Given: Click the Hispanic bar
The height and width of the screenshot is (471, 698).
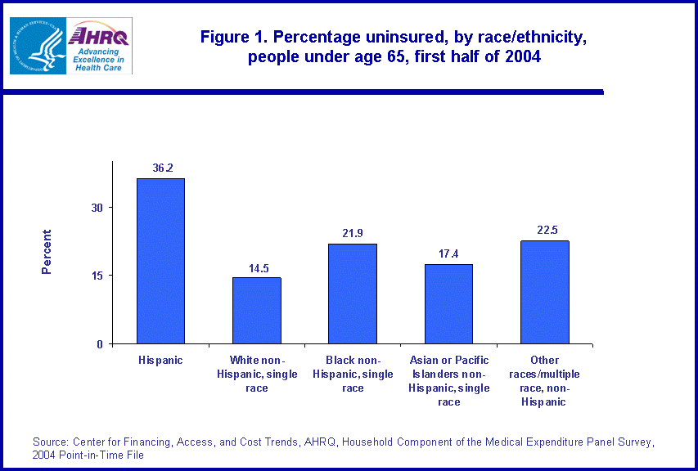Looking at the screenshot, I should click(x=160, y=261).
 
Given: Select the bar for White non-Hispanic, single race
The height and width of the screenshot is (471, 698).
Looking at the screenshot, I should click(x=257, y=311).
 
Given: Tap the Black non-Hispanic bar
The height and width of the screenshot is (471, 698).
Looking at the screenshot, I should click(x=353, y=294).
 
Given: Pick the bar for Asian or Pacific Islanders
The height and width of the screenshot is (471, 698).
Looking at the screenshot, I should click(x=448, y=303).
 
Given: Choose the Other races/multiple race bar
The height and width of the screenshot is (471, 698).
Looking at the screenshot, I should click(x=545, y=292).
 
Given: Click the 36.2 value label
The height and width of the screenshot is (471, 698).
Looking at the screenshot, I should click(x=162, y=168).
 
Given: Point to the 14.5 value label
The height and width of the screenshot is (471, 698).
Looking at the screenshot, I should click(x=258, y=267).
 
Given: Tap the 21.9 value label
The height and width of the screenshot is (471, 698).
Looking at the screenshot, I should click(x=354, y=233).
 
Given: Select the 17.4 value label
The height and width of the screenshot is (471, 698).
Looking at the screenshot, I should click(x=449, y=253).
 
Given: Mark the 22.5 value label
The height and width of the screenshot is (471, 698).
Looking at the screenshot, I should click(x=546, y=230).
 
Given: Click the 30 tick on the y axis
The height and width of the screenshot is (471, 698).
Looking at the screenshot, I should click(x=97, y=208).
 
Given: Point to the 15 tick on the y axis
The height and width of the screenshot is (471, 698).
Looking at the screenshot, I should click(x=97, y=276).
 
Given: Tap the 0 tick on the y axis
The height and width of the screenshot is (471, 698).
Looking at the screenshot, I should click(x=100, y=344).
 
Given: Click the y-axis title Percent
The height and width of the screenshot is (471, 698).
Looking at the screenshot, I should click(x=47, y=252).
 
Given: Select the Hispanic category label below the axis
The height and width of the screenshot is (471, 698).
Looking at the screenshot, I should click(x=160, y=360).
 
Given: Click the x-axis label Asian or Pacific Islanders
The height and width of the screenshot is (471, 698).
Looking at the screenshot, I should click(x=448, y=380).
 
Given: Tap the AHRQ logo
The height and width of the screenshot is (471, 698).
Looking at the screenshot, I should click(x=100, y=46).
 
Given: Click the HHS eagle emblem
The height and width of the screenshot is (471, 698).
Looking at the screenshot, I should click(x=38, y=46).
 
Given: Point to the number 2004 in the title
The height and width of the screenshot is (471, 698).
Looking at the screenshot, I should click(x=523, y=58).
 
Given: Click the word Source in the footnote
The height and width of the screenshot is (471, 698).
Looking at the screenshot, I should click(x=50, y=442).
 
